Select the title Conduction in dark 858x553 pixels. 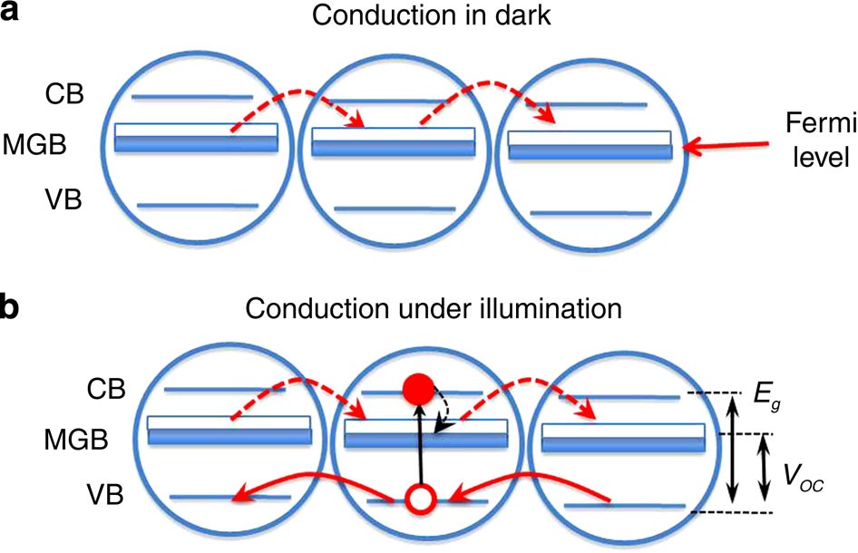(x=428, y=21)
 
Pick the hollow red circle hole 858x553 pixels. (x=418, y=499)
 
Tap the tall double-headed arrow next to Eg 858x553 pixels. (x=734, y=453)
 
